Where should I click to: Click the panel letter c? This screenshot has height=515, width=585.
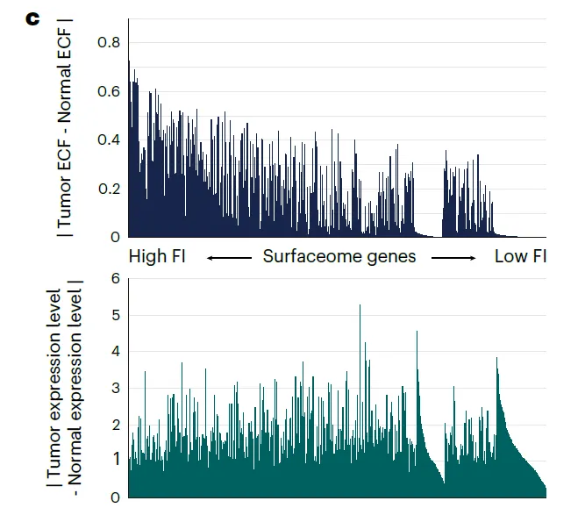coord(33,18)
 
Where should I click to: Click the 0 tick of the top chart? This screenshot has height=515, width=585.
coord(115,237)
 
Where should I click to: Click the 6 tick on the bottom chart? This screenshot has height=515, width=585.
coord(114,279)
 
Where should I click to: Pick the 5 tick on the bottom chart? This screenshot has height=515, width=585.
coord(114,315)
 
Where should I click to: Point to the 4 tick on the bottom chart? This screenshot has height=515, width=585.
coord(114,352)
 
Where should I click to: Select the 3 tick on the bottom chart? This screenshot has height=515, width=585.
coord(114,388)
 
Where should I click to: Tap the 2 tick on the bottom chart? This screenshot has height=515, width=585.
coord(114,425)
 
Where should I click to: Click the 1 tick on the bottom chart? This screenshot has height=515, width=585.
coord(114,461)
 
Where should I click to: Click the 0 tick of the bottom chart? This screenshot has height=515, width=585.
coord(114,497)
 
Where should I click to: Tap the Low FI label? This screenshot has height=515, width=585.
coord(520,257)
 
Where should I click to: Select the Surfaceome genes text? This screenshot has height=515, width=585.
coord(339,257)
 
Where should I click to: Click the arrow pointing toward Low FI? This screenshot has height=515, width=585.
coord(453,258)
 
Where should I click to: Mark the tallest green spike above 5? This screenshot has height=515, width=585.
coord(360,306)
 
